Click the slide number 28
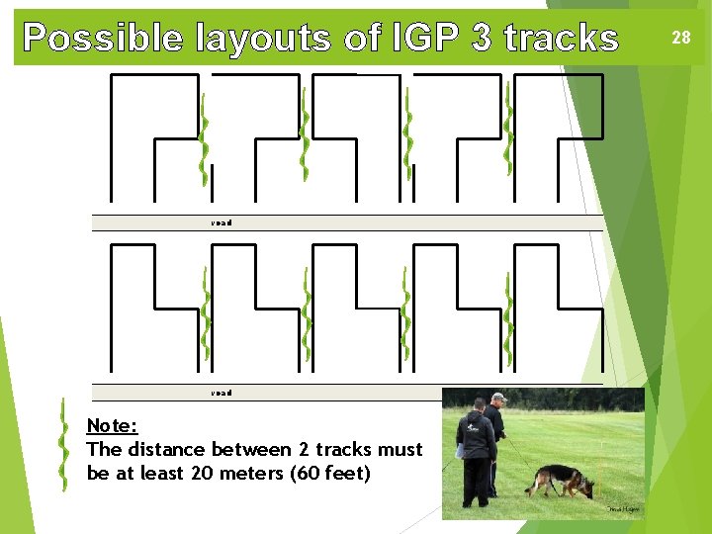pyautogui.click(x=681, y=38)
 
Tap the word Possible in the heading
pyautogui.click(x=103, y=38)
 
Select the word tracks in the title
pyautogui.click(x=561, y=38)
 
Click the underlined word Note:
pyautogui.click(x=112, y=426)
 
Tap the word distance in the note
pyautogui.click(x=167, y=450)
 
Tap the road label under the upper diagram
pyautogui.click(x=222, y=223)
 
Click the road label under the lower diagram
pyautogui.click(x=222, y=394)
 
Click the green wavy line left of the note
pyautogui.click(x=63, y=445)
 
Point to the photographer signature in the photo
pyautogui.click(x=624, y=509)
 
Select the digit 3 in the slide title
pyautogui.click(x=482, y=38)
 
